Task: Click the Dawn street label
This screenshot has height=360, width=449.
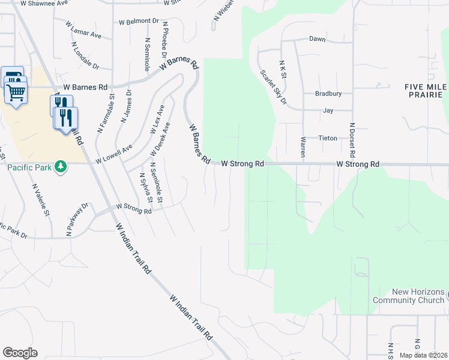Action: pyautogui.click(x=317, y=39)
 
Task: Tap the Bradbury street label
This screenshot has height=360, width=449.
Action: pyautogui.click(x=328, y=94)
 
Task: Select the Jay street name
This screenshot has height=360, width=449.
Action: pyautogui.click(x=328, y=111)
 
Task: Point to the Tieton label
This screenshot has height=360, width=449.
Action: pyautogui.click(x=328, y=138)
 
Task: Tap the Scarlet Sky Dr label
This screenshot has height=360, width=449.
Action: pyautogui.click(x=273, y=87)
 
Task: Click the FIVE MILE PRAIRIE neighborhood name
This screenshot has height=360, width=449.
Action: pyautogui.click(x=426, y=91)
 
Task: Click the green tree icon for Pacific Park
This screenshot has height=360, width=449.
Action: pyautogui.click(x=60, y=166)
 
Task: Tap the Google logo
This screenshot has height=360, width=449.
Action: pyautogui.click(x=20, y=353)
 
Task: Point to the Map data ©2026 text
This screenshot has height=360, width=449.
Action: pyautogui.click(x=423, y=355)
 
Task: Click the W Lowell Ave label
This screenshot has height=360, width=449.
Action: pyautogui.click(x=113, y=154)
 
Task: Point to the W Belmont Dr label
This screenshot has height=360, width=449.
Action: pyautogui.click(x=139, y=21)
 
